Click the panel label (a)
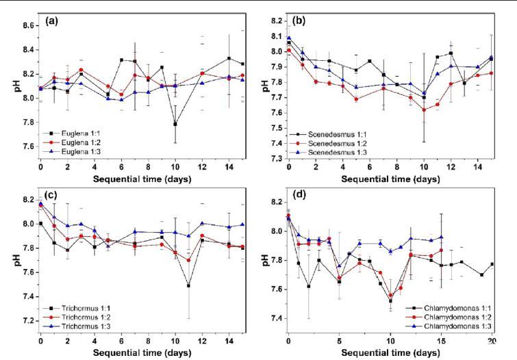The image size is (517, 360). click(51, 21)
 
